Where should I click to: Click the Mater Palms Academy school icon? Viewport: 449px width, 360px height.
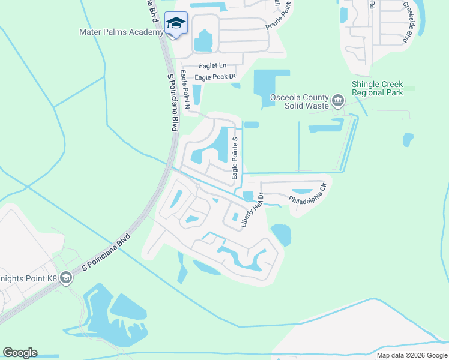176,23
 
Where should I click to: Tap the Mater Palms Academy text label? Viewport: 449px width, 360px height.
121,32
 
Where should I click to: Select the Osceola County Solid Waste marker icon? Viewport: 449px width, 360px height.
337,99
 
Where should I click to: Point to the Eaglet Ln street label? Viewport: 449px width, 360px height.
212,66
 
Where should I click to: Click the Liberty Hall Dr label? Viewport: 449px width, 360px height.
253,210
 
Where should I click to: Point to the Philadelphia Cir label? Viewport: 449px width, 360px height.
307,193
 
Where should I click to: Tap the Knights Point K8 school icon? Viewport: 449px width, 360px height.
65,277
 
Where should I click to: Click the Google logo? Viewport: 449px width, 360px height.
20,353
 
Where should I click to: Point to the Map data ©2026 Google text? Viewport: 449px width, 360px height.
411,355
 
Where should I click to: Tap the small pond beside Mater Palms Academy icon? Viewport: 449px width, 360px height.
203,41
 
